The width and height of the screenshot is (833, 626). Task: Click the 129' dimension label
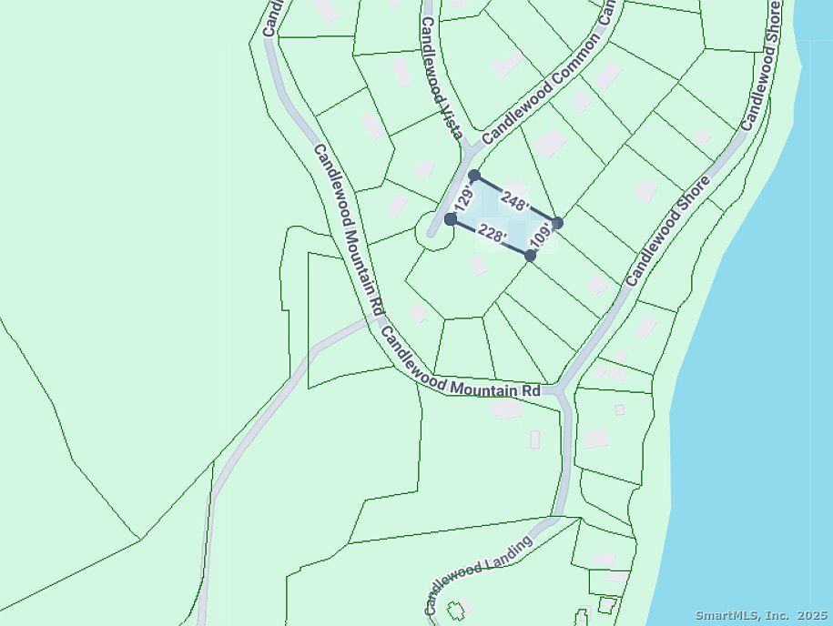(464, 199)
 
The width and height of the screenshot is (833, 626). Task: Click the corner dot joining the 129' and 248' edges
(474, 176)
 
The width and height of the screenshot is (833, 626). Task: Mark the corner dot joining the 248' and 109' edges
(557, 223)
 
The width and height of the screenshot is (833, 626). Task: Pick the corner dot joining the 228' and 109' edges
(531, 256)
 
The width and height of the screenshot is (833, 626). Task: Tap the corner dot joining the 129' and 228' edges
(451, 219)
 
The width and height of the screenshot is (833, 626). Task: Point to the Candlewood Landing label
(478, 576)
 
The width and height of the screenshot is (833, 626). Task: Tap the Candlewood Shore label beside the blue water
(763, 66)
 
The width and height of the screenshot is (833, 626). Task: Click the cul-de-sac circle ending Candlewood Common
(435, 230)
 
